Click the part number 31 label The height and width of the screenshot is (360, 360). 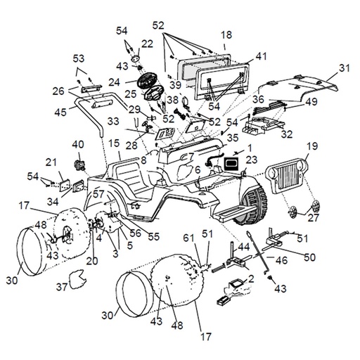coord(345,68)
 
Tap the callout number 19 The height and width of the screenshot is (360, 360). coord(312,146)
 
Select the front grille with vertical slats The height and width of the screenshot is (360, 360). coord(288,176)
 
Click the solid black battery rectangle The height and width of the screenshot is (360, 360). coord(231,163)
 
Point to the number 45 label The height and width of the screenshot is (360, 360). coord(60,112)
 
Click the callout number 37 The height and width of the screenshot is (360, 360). coord(62,286)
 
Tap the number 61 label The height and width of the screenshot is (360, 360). coord(189,238)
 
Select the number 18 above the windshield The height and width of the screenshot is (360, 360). coord(226,34)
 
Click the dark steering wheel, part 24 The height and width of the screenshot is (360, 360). coord(147,81)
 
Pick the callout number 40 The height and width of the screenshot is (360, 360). coord(78,145)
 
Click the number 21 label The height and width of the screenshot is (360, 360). coord(51,162)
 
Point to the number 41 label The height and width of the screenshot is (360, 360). coord(261,56)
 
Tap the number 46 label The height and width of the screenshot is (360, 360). coord(281,260)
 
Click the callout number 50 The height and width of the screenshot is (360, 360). coord(309,257)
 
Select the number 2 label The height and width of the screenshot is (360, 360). coord(251,278)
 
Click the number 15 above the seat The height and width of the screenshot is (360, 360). coord(114,143)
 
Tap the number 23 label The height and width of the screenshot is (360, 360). coord(252,160)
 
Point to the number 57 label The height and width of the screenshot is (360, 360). coord(98,194)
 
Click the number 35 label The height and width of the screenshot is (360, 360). coord(233,138)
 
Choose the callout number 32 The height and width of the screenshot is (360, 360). coord(287,134)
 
